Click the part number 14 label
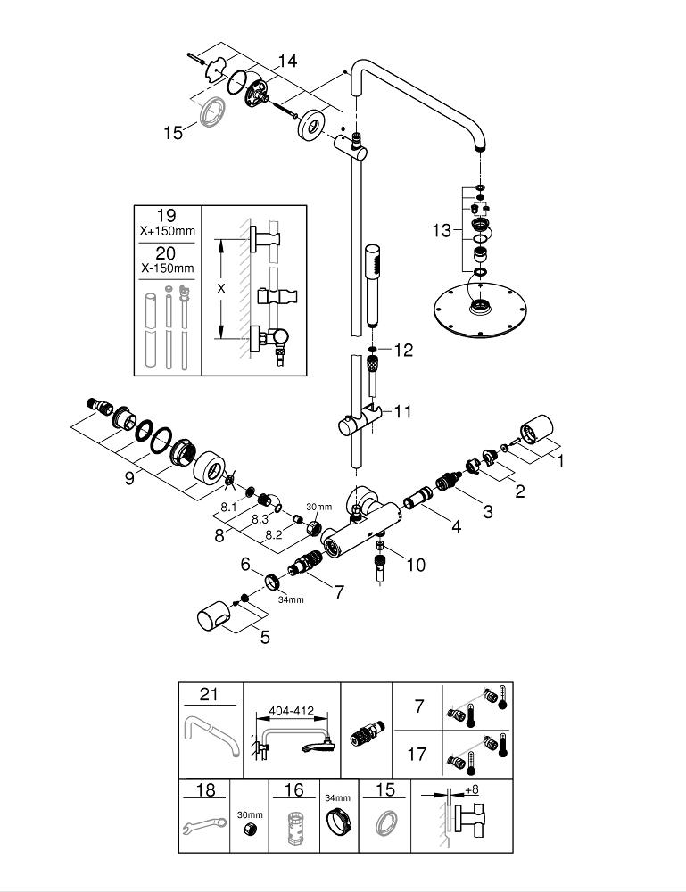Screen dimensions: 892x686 click(286, 61)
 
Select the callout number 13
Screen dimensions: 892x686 click(441, 231)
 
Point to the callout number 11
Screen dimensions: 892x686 click(403, 411)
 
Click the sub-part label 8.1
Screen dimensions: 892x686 click(229, 507)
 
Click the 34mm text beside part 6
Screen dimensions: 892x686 click(290, 599)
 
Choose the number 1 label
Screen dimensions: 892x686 click(561, 461)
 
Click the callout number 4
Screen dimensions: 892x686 click(456, 527)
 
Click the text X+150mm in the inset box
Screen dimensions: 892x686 click(167, 232)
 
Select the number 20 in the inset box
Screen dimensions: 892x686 click(167, 253)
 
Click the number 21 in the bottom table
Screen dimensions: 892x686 click(209, 695)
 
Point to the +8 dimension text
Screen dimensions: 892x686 click(472, 790)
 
